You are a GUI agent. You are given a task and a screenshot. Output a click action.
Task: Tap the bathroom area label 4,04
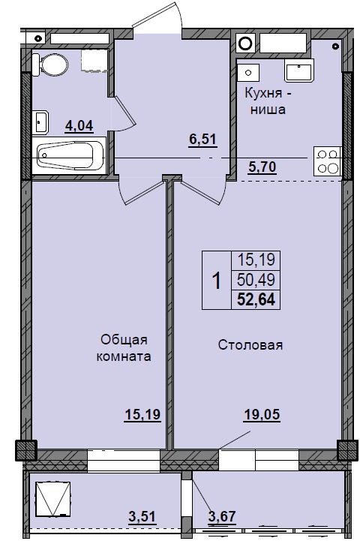click(x=79, y=125)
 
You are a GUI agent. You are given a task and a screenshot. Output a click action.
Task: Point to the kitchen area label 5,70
click(x=262, y=167)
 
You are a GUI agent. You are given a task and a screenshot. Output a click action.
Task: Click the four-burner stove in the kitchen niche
click(x=327, y=161)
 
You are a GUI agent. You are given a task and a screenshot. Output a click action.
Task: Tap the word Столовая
click(x=250, y=345)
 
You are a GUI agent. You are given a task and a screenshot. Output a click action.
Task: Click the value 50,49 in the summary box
click(x=257, y=281)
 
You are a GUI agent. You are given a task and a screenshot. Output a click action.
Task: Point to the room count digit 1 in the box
click(x=216, y=281)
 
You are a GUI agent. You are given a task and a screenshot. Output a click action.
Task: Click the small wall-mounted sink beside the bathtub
click(x=42, y=121)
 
